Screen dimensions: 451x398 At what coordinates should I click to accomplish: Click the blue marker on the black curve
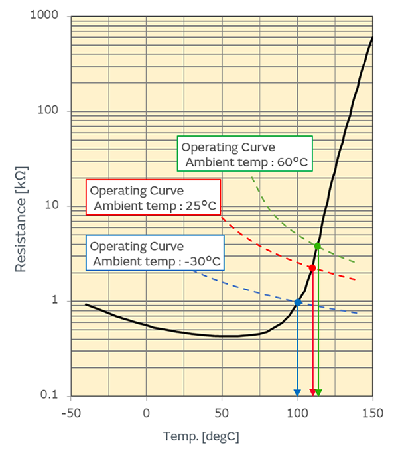tap(298, 302)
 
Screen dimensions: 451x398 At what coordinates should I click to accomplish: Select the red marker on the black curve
tap(312, 268)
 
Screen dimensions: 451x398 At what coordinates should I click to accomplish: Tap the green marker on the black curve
tap(318, 246)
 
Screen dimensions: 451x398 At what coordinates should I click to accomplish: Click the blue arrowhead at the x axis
tap(297, 392)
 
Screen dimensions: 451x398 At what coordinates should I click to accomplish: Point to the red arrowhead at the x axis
tap(312, 392)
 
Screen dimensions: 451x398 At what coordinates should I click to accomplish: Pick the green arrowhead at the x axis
tap(318, 392)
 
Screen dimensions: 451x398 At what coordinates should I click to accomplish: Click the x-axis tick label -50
tap(70, 413)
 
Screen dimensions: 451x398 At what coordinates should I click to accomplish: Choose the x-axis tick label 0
tap(147, 413)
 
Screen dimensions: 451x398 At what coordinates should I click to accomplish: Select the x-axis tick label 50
tap(222, 413)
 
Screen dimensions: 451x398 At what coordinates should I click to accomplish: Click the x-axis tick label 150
tap(373, 413)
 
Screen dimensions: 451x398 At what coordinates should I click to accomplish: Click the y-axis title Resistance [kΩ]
tap(21, 206)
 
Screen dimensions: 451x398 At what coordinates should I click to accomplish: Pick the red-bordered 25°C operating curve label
tap(153, 197)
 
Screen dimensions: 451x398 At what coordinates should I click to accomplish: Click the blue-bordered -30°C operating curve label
tap(155, 253)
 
